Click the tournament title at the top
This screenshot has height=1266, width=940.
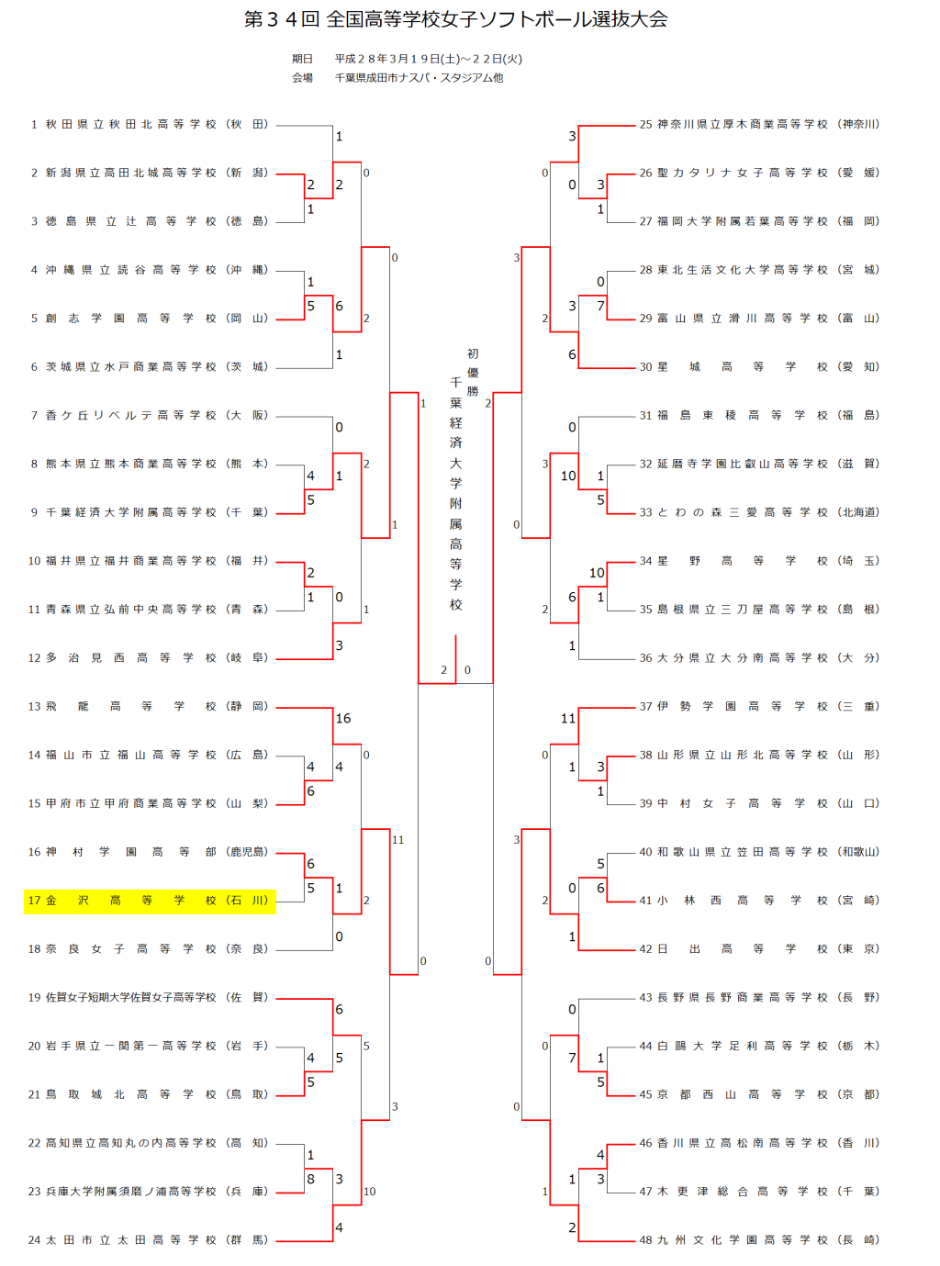pos(456,19)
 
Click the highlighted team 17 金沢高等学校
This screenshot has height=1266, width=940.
pos(150,901)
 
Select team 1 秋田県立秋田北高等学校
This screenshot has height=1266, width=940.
pos(150,124)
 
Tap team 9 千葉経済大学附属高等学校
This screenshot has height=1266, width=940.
pos(150,512)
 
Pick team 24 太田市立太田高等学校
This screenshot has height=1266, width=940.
pos(150,1240)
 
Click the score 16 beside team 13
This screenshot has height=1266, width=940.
pos(343,719)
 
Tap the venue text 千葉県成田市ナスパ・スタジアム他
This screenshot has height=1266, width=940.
pos(419,78)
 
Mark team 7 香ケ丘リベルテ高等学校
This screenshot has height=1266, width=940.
pos(150,415)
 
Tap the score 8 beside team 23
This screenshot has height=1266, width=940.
pos(311,1180)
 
